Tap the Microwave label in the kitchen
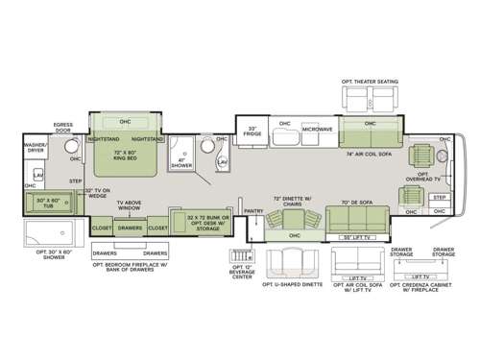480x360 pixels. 317,128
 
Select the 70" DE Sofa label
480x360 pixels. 356,204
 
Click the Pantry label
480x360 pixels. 253,209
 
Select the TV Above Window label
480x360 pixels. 131,206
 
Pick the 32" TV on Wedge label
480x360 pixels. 100,193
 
